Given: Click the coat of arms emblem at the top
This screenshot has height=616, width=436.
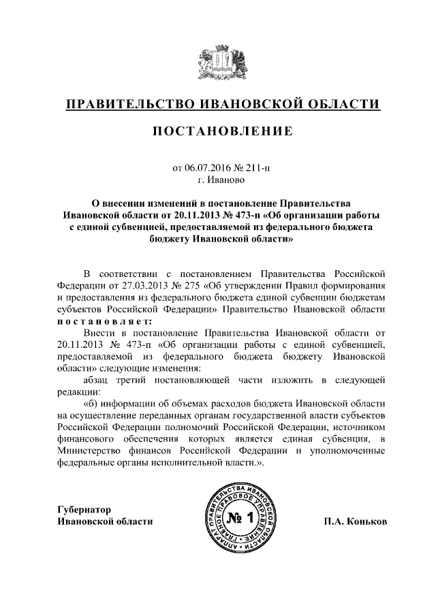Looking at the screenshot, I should coord(217,63).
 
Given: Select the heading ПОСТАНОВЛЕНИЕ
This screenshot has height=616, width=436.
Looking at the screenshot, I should coord(218,131).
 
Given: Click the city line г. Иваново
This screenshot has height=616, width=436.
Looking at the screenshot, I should coord(218,180).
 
